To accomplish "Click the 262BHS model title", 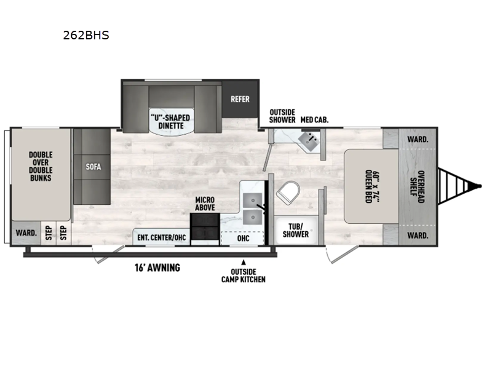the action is coord(86,35).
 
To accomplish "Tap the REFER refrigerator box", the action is coord(240,99).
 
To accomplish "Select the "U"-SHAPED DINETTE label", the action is coord(171,122).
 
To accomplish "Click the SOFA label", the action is coord(93,167).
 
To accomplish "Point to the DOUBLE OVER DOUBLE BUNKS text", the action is coord(41,166).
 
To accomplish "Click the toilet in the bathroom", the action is coord(288,192).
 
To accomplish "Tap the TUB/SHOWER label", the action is coord(296,230).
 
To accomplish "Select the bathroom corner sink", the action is coord(309,141).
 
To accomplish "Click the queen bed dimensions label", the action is coord(373,186).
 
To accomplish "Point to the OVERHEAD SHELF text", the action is coord(418,187).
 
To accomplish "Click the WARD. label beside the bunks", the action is coord(26,233).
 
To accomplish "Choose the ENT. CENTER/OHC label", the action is coord(162,237).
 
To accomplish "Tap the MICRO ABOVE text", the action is coord(205,204).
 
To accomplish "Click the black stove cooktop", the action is coord(205,226).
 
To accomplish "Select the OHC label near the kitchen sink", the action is coord(243,239).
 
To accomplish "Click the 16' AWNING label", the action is coord(157,268).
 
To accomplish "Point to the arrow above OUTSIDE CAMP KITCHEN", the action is coord(243,263).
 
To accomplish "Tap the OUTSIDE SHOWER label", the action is coord(282,116).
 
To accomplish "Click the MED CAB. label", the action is coord(314,120).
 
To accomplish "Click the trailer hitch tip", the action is coord(479,186).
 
